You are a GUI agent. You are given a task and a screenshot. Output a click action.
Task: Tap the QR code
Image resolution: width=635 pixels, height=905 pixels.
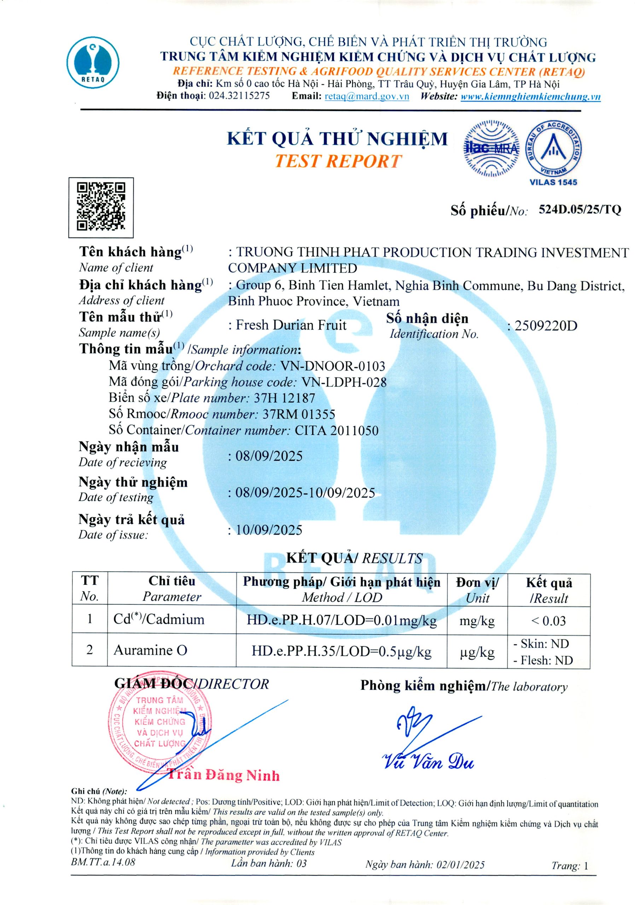pyautogui.click(x=101, y=207)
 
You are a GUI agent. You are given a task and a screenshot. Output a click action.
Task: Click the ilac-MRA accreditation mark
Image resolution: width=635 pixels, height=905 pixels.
pyautogui.click(x=491, y=148)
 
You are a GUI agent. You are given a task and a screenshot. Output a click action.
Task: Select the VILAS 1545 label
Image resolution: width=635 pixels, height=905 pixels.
pyautogui.click(x=553, y=182)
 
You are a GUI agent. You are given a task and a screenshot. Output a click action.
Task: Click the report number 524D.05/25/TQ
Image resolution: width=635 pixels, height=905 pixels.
pyautogui.click(x=579, y=210)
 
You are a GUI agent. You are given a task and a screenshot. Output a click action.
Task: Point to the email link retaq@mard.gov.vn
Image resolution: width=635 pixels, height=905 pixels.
pyautogui.click(x=367, y=96)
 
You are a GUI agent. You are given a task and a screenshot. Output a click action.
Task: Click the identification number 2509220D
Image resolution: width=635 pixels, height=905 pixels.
pyautogui.click(x=546, y=326)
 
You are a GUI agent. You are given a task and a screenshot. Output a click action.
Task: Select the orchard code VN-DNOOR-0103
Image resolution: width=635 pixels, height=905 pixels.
pyautogui.click(x=332, y=366)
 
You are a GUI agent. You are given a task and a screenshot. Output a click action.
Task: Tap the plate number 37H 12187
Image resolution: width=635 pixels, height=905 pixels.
pyautogui.click(x=284, y=398)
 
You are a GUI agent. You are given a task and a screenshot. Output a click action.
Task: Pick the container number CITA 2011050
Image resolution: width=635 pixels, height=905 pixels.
pyautogui.click(x=336, y=430)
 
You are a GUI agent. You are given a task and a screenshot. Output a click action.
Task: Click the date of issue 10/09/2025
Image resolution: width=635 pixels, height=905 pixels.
pyautogui.click(x=269, y=530)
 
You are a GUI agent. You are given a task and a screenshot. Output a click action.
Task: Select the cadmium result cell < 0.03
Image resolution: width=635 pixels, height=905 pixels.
pyautogui.click(x=548, y=621)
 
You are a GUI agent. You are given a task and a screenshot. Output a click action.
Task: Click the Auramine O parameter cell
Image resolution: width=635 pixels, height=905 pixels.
pyautogui.click(x=150, y=650)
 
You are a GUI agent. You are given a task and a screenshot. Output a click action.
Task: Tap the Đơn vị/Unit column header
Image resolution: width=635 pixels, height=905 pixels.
pyautogui.click(x=477, y=590)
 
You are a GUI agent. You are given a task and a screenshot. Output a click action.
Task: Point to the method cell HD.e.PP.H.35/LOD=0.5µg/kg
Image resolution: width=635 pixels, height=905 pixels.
pyautogui.click(x=341, y=652)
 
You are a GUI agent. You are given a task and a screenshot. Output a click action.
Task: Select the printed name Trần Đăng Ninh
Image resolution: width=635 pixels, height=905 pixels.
pyautogui.click(x=224, y=775)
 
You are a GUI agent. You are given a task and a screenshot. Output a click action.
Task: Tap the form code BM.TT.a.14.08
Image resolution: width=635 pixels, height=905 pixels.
pyautogui.click(x=103, y=862)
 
